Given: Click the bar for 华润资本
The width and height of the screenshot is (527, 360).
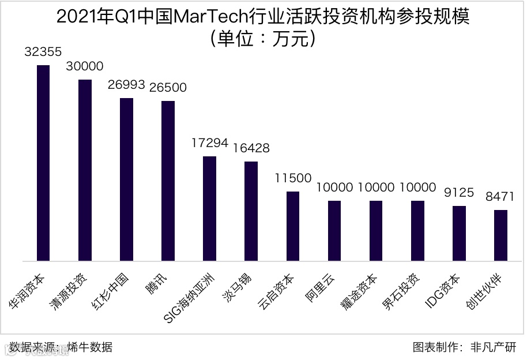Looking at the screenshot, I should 43,163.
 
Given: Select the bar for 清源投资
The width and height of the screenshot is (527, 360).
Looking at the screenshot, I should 85,170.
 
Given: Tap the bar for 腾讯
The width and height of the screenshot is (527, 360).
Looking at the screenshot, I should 168,181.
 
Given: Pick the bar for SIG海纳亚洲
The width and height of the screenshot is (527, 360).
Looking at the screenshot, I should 209,208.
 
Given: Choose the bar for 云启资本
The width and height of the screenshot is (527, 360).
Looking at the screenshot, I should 293,226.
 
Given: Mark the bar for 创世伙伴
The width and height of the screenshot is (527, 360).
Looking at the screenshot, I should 501,235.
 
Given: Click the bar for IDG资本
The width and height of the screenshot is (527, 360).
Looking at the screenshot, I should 459,233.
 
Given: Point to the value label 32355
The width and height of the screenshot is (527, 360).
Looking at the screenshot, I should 43,52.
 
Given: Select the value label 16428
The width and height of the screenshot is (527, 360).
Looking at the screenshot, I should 251,148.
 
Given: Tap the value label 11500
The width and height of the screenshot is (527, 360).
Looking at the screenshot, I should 292,178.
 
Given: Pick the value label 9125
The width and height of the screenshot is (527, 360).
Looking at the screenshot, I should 459,193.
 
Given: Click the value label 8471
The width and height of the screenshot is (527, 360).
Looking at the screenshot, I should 500,197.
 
